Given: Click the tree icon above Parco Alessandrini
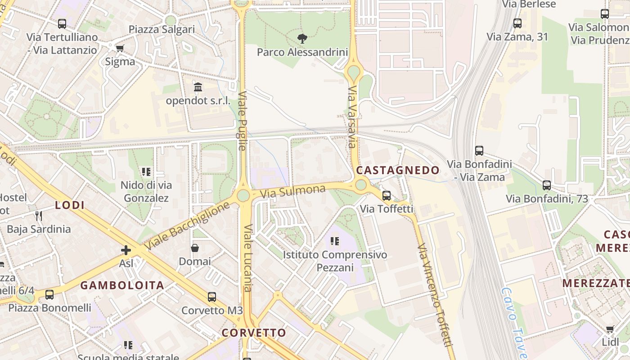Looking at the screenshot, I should (x=302, y=39).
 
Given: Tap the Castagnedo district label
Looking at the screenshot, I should (x=398, y=170).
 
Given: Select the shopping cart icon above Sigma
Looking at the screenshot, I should (x=120, y=48).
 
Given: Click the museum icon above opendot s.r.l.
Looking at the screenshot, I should (x=198, y=87).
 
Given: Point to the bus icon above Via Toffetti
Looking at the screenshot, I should (x=386, y=196).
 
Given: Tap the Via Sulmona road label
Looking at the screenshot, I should (x=292, y=192).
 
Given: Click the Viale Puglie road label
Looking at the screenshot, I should (x=242, y=121).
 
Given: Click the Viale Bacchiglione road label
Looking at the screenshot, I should (x=188, y=227).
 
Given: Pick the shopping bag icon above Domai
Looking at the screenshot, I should (x=195, y=248).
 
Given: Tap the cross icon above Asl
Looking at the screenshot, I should (x=126, y=250).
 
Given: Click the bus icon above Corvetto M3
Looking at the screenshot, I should (x=212, y=297).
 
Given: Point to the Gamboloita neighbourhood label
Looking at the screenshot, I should (x=122, y=285).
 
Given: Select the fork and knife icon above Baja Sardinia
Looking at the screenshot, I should (x=39, y=216).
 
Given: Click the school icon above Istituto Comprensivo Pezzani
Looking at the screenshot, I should (x=334, y=241).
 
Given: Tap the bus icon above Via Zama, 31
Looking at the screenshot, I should (x=517, y=23).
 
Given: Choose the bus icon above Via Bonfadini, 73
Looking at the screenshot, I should (x=547, y=185).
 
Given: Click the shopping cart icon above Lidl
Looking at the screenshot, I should (x=610, y=329).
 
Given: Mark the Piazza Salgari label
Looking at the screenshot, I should (x=162, y=30).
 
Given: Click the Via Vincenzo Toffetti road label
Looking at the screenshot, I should (x=435, y=295).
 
